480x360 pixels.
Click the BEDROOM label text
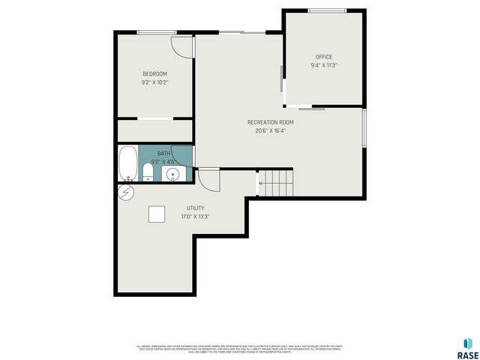click(155, 73)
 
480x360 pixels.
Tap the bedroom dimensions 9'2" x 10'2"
click(155, 82)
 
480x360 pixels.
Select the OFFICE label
click(323, 57)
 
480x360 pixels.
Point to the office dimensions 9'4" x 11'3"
click(323, 65)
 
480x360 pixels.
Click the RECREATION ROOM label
click(270, 122)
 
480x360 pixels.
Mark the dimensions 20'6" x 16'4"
click(270, 130)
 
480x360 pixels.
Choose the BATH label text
click(163, 153)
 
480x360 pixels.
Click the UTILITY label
click(195, 208)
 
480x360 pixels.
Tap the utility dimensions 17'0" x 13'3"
click(195, 217)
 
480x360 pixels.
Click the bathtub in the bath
click(128, 163)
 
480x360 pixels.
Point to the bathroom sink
click(173, 175)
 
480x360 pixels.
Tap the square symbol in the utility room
click(157, 214)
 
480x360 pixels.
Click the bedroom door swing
click(181, 45)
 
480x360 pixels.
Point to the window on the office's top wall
click(327, 10)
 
